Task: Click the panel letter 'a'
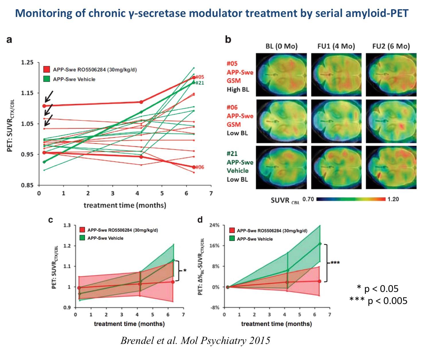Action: (x=9, y=40)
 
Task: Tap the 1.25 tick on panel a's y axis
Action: (x=28, y=63)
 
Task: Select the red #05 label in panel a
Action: (x=200, y=77)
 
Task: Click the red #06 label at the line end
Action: (x=200, y=167)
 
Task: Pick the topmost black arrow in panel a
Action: (x=49, y=96)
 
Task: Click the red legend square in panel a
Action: (x=46, y=69)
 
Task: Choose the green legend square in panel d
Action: (x=232, y=239)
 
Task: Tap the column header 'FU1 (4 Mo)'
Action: (x=336, y=46)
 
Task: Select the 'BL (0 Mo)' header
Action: (x=281, y=46)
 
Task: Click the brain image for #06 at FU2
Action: (x=391, y=121)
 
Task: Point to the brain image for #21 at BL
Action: (x=281, y=167)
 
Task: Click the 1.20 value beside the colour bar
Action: (x=393, y=199)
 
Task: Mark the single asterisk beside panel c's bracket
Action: (x=185, y=270)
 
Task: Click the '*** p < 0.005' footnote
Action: (x=378, y=301)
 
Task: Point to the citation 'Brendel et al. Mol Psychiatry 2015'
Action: (x=195, y=340)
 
